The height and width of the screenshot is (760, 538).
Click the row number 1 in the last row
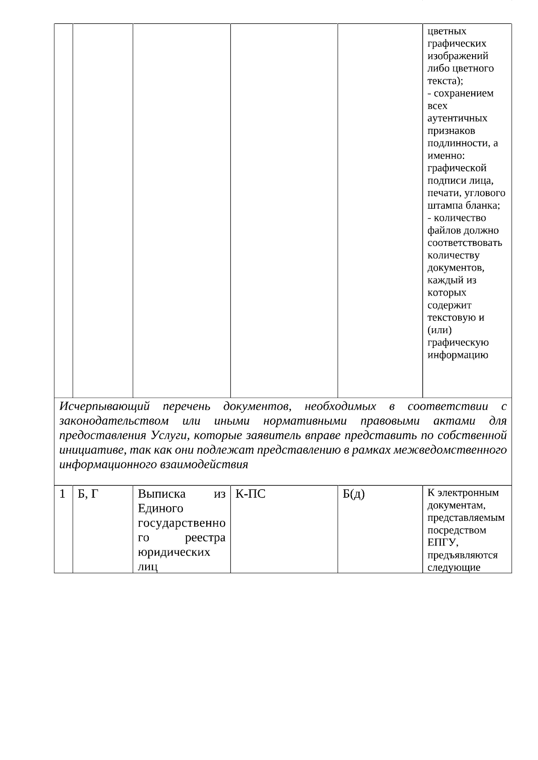63,494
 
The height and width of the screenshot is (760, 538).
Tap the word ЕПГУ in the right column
442,543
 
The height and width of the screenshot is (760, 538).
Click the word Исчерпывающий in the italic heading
104,407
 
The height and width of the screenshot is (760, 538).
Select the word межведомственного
450,450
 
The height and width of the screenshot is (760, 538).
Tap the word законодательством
114,421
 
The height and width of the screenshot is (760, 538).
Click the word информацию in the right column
458,355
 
